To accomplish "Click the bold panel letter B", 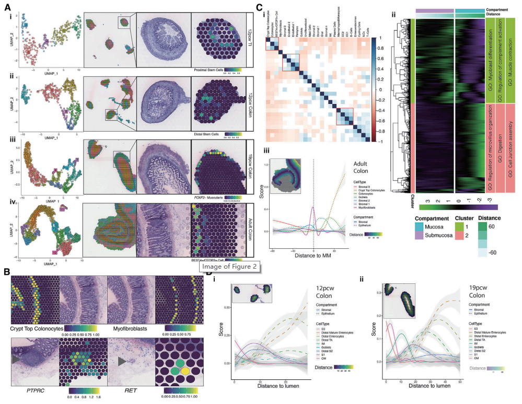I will (x=6, y=272).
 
